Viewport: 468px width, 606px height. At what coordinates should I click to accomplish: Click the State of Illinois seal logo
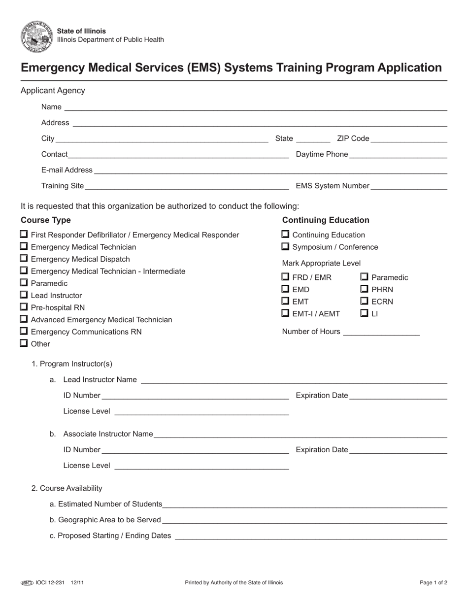pos(36,37)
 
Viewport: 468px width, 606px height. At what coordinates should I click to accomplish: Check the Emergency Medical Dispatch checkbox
pos(24,259)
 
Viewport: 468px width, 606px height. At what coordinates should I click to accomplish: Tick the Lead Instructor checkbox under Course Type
pos(24,295)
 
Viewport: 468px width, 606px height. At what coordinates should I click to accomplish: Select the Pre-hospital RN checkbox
pos(24,307)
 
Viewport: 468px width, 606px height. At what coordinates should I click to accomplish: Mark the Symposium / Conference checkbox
pos(285,246)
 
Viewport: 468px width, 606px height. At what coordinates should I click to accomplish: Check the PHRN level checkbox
pos(365,289)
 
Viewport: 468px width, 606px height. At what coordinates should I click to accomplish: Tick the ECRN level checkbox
pos(365,301)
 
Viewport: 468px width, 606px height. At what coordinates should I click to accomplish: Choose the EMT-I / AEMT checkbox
pos(285,313)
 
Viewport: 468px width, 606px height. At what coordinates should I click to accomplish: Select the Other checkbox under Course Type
pos(24,343)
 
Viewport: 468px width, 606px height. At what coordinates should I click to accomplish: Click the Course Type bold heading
pos(46,220)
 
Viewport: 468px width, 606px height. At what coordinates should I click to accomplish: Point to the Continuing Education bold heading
pos(326,220)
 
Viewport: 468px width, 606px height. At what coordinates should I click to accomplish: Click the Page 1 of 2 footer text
pos(434,582)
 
